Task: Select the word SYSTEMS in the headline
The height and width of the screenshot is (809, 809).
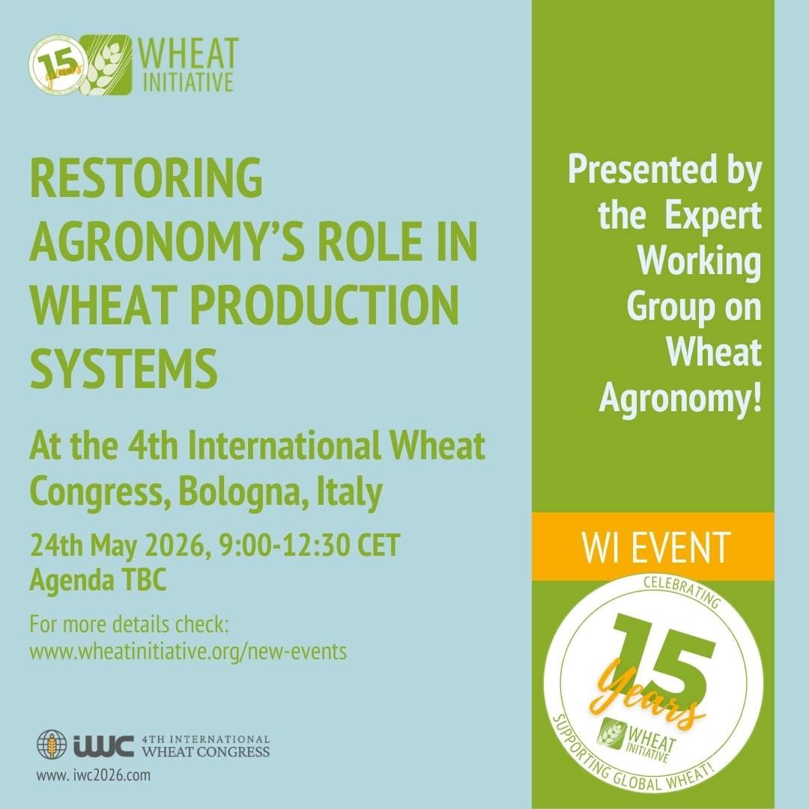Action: coord(124,370)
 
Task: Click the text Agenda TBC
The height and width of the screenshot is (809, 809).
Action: coord(98,581)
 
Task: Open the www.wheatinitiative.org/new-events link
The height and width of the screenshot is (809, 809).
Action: coord(188,651)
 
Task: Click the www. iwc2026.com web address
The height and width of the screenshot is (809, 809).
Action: coord(93,775)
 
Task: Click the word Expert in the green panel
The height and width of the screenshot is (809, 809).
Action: coord(712,217)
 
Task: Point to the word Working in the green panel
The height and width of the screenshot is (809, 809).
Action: coord(702,264)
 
